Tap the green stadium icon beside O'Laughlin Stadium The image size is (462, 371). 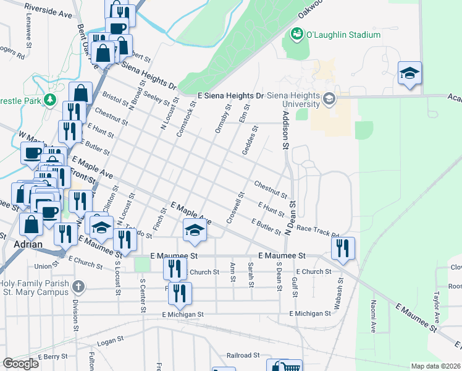pyautogui.click(x=296, y=33)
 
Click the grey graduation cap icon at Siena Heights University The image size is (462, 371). pyautogui.click(x=329, y=98)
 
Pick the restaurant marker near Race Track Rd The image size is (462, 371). pyautogui.click(x=343, y=247)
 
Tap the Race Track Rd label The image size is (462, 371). pyautogui.click(x=318, y=231)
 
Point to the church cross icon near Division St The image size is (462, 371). pyautogui.click(x=77, y=286)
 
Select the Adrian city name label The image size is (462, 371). pyautogui.click(x=28, y=244)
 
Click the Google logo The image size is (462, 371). pyautogui.click(x=21, y=364)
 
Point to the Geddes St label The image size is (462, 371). pyautogui.click(x=251, y=142)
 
